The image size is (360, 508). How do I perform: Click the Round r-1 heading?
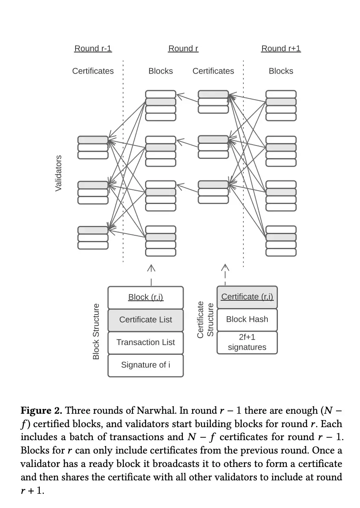93,49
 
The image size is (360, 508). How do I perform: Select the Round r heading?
183,49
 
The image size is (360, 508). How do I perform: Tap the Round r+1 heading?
281,49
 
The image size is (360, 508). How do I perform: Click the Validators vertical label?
59,173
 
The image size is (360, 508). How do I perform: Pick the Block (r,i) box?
145,297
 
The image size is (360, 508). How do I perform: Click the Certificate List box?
145,320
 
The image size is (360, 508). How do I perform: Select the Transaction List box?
145,342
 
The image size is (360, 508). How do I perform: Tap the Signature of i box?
145,365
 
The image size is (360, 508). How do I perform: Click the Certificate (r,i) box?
247,297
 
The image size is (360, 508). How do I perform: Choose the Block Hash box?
247,319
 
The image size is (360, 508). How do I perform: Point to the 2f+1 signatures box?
247,342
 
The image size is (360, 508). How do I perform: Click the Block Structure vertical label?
96,331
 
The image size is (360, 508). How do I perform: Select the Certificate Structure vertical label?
205,319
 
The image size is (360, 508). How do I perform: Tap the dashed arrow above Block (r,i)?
151,274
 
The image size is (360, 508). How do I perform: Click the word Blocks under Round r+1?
281,71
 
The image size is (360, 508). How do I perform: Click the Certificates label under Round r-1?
93,71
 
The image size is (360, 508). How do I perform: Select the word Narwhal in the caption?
137,410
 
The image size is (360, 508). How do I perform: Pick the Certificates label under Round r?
213,71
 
